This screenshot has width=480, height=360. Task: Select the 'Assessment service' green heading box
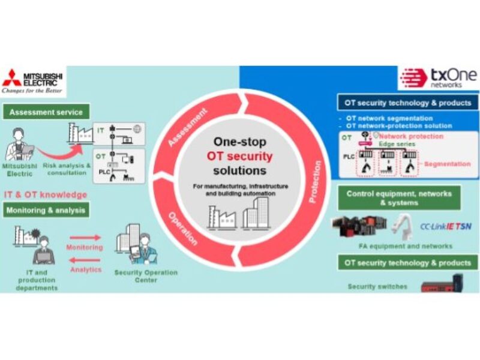pyautogui.click(x=46, y=111)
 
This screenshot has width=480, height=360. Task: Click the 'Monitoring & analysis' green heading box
pyautogui.click(x=47, y=209)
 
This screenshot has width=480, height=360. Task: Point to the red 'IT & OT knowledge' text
pyautogui.click(x=45, y=195)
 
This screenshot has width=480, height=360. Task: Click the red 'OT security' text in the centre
pyautogui.click(x=239, y=157)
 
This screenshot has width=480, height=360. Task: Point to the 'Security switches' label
pyautogui.click(x=377, y=287)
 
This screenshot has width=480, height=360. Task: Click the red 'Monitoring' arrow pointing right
pyautogui.click(x=84, y=237)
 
